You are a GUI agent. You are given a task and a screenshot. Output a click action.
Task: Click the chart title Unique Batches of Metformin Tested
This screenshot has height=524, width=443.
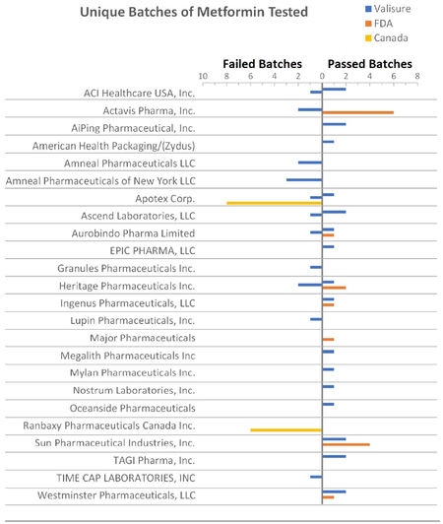pos(194,12)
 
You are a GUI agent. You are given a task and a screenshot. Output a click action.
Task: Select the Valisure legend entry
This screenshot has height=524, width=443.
pos(388,9)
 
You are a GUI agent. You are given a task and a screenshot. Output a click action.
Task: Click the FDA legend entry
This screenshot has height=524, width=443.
pos(379,24)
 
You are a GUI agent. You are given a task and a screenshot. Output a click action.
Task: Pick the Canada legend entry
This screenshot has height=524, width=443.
pos(387,38)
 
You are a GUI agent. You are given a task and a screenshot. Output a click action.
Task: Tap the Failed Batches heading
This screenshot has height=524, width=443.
pos(262,64)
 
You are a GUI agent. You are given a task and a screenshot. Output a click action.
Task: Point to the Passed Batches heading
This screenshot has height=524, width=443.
pos(370,64)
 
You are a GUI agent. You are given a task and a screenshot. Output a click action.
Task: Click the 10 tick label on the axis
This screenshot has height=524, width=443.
pos(203,76)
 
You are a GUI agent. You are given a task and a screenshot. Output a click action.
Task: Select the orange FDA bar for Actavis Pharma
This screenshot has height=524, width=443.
pos(357,112)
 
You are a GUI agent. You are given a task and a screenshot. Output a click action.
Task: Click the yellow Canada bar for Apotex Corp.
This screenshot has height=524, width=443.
pos(275,203)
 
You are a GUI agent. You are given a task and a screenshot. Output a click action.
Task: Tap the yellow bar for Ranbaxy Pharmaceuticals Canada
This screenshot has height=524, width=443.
pos(286,430)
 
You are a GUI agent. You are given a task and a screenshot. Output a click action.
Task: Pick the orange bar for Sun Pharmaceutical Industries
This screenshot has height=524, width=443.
pos(347,444)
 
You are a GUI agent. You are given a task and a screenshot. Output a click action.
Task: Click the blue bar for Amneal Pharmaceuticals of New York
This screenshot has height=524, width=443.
pos(304,180)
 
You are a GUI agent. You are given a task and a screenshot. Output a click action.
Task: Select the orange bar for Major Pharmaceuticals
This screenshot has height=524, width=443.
pos(328,340)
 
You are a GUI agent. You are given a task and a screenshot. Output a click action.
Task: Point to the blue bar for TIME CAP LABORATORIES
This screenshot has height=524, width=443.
pos(316,477)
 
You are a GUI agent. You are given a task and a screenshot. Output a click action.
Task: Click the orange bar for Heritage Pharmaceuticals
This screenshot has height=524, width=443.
pos(334,288)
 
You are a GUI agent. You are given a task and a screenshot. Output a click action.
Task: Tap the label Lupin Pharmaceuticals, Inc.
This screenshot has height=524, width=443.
pos(132,320)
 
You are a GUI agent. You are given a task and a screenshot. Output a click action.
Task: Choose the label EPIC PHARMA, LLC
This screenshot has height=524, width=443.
pos(153,250)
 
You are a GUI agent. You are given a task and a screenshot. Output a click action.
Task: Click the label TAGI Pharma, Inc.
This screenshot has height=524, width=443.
pos(154,461)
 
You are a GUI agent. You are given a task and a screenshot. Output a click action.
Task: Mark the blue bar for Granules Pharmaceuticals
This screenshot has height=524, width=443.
pos(316,267)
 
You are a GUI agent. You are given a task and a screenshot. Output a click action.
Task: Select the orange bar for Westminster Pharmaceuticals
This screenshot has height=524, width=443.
pos(328,497)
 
